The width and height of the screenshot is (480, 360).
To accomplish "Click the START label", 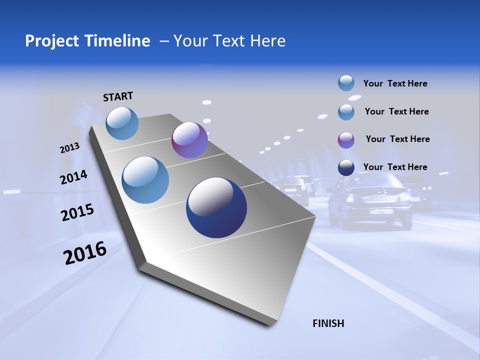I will tap(118, 96).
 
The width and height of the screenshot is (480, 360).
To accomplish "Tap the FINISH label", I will tap(328, 323).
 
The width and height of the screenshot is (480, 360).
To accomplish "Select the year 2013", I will tap(69, 148).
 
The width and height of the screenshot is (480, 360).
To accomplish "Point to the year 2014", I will tap(73, 177).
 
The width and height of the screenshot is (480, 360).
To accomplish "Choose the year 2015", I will tap(77, 212).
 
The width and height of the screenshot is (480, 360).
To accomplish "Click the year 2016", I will tap(85, 253).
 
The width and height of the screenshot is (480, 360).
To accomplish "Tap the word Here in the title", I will tap(267, 41).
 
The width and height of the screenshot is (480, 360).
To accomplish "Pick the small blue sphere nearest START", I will tap(122, 123).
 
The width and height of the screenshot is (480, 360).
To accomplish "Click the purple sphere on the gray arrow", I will tap(189, 140).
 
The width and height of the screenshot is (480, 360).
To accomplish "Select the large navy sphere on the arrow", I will tap(216, 207).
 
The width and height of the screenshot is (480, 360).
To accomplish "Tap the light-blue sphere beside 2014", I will tap(145, 180).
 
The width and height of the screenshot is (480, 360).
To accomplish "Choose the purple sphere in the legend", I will tap(346, 140).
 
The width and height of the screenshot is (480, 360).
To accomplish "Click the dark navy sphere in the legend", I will tap(346, 167).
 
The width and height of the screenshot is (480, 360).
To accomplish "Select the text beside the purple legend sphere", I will tap(397, 139).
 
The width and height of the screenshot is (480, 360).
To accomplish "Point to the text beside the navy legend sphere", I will tap(395, 167).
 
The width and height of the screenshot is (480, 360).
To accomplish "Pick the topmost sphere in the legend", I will tap(346, 83).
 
